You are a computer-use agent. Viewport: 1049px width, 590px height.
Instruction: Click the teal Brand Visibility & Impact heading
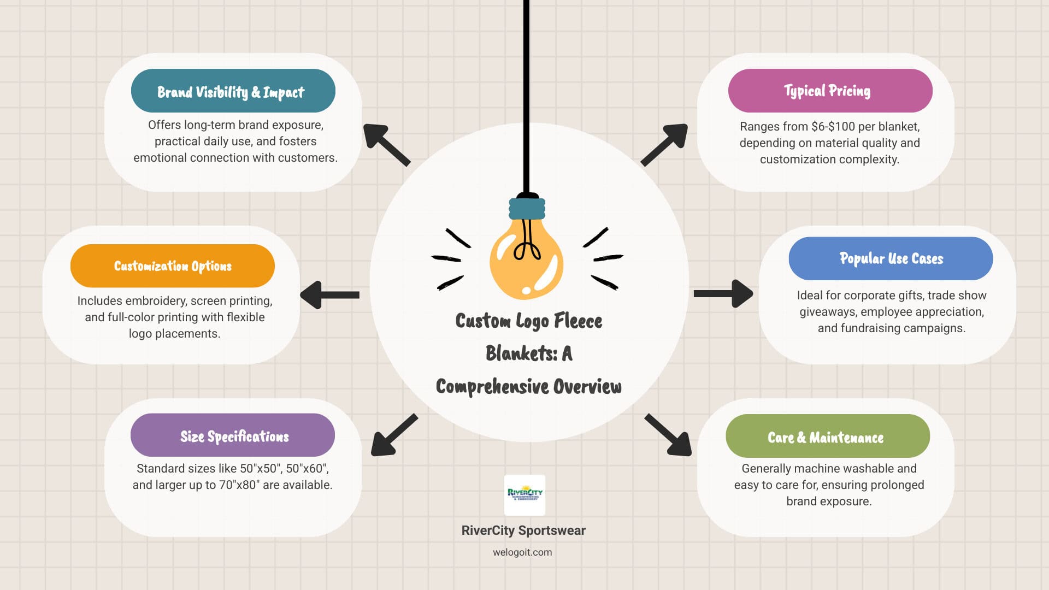tap(233, 91)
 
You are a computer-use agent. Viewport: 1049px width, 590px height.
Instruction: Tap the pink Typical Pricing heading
tap(830, 91)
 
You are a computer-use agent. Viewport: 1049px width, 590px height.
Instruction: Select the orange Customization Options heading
tap(173, 266)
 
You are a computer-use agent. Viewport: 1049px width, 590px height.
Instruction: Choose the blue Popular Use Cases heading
tap(891, 258)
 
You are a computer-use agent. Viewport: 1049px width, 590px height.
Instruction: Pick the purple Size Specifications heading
tap(233, 435)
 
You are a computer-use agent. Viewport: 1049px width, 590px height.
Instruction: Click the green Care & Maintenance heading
tap(827, 436)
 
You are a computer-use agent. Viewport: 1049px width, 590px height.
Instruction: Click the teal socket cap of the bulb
tap(527, 208)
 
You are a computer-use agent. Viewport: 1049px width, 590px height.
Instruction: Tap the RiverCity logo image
tap(524, 495)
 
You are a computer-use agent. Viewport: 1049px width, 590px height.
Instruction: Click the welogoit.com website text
tap(522, 552)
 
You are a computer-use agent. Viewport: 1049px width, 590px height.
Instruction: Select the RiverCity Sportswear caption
tap(523, 530)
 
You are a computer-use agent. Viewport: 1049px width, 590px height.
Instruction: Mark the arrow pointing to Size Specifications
tap(393, 435)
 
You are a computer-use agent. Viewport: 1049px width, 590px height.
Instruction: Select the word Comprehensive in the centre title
tap(492, 387)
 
